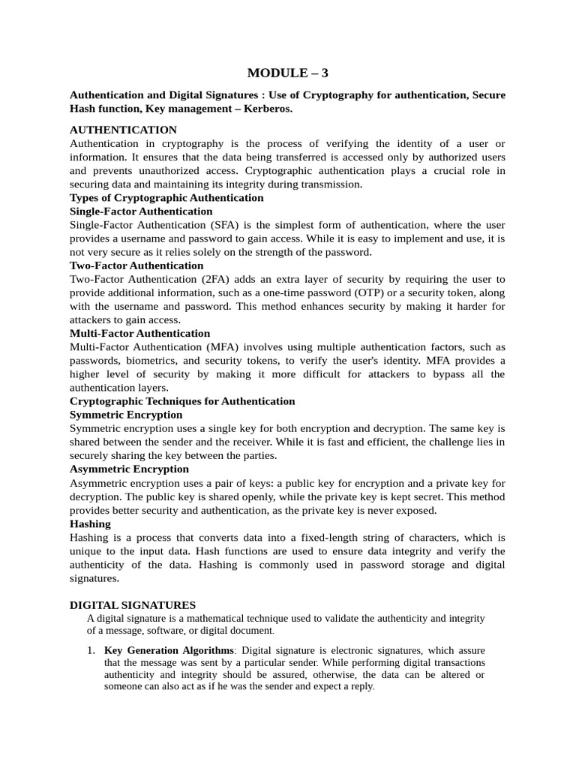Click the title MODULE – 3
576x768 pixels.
[x=288, y=73]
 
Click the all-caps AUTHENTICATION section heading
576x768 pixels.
[x=123, y=130]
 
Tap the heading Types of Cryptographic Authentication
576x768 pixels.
[x=166, y=198]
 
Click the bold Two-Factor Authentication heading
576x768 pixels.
[x=136, y=265]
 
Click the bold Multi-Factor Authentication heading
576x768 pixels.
[x=139, y=333]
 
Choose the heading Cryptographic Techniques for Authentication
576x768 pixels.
[x=182, y=401]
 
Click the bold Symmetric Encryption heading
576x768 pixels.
[x=126, y=415]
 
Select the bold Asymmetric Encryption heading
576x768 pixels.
[x=129, y=469]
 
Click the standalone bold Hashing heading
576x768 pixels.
[x=90, y=523]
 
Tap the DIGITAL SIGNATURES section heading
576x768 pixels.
[x=133, y=604]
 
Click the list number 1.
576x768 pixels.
[x=91, y=650]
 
